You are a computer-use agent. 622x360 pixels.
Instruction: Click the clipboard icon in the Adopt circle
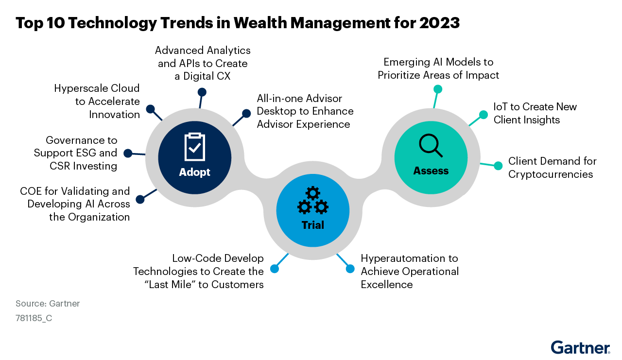click(x=195, y=147)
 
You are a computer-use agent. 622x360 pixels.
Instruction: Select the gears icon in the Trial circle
click(x=313, y=200)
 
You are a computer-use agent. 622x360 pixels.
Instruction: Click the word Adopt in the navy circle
click(x=195, y=172)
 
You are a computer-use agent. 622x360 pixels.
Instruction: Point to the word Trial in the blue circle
click(x=313, y=225)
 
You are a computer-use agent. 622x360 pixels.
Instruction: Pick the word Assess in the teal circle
click(x=431, y=171)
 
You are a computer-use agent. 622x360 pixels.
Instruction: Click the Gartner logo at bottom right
click(x=581, y=347)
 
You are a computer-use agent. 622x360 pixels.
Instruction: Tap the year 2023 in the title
click(x=440, y=23)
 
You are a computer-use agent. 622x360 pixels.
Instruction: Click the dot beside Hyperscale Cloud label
click(x=151, y=109)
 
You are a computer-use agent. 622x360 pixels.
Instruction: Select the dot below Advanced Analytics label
click(x=202, y=92)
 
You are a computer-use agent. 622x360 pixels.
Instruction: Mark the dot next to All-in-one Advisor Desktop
click(x=246, y=113)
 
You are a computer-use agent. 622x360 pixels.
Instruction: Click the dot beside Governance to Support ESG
click(x=128, y=153)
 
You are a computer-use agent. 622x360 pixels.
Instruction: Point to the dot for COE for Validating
click(x=140, y=199)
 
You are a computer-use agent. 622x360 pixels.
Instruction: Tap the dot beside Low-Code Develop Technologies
click(x=275, y=269)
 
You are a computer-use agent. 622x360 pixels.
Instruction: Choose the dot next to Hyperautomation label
click(x=350, y=269)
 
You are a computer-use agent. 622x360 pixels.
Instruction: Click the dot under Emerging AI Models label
click(x=438, y=89)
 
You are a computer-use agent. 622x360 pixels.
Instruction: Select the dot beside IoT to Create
click(x=484, y=115)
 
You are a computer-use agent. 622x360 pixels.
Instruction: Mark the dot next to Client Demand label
click(x=498, y=166)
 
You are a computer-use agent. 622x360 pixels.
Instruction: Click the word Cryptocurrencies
click(x=551, y=174)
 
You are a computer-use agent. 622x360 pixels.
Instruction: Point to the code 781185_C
click(x=34, y=318)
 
